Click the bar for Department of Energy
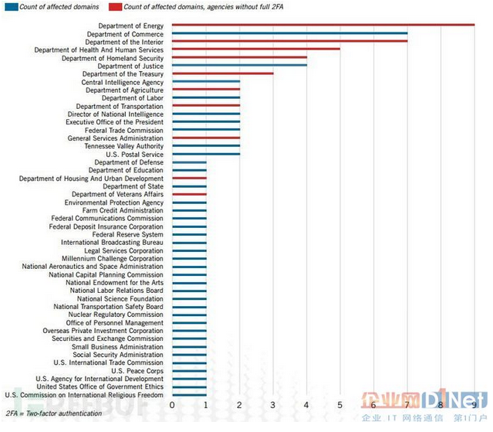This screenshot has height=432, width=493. pos(322,26)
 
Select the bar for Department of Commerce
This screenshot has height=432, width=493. pos(289,33)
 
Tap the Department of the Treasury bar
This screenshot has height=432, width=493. pos(222,73)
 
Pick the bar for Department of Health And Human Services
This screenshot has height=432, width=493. pos(255,49)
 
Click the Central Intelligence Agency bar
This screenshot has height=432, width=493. pos(206,82)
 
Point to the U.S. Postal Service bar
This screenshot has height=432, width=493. pos(206,154)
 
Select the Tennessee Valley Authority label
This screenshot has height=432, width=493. pos(123,146)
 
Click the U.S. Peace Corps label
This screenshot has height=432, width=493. pos(137,371)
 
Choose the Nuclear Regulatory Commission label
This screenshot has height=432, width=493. pos(116,315)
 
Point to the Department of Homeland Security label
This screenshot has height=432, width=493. pos(113,58)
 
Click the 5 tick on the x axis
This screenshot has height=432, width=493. pos(340,405)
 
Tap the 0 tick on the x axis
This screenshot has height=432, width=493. pos(172,405)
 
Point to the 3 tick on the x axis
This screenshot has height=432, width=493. pos(273,405)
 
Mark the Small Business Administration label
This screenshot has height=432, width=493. pos(117,347)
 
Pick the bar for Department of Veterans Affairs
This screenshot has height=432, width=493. pos(189,194)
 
